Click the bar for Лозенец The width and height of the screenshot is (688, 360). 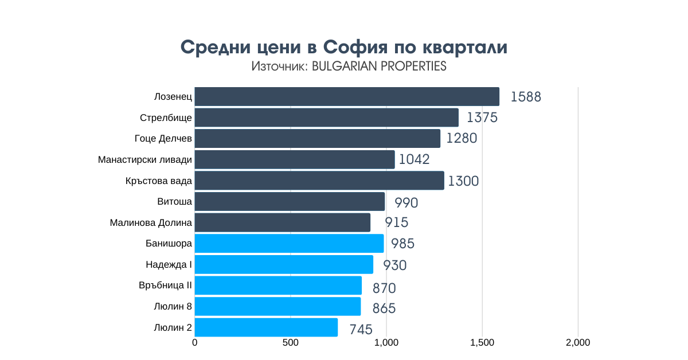[x=347, y=96]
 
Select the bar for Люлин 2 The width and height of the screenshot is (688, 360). [x=266, y=328]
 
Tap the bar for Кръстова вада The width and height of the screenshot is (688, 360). [x=319, y=181]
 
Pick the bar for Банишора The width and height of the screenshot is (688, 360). [x=289, y=244]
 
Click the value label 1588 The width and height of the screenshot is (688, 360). [x=526, y=96]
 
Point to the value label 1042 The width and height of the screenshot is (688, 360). [x=414, y=159]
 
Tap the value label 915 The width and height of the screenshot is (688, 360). [x=396, y=223]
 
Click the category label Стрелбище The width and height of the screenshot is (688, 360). [x=166, y=118]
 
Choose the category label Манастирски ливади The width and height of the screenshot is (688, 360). [x=145, y=159]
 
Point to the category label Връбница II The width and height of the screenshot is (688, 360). [x=165, y=285]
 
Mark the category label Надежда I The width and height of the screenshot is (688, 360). [x=169, y=264]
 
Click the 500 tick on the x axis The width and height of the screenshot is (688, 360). [x=291, y=343]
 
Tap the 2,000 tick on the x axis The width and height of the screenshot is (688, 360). [x=578, y=343]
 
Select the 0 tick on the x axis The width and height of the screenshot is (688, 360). [x=195, y=343]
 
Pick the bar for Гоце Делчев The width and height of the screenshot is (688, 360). [x=318, y=138]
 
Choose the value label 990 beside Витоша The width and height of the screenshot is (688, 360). [x=406, y=202]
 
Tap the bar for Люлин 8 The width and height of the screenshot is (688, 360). [x=277, y=307]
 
